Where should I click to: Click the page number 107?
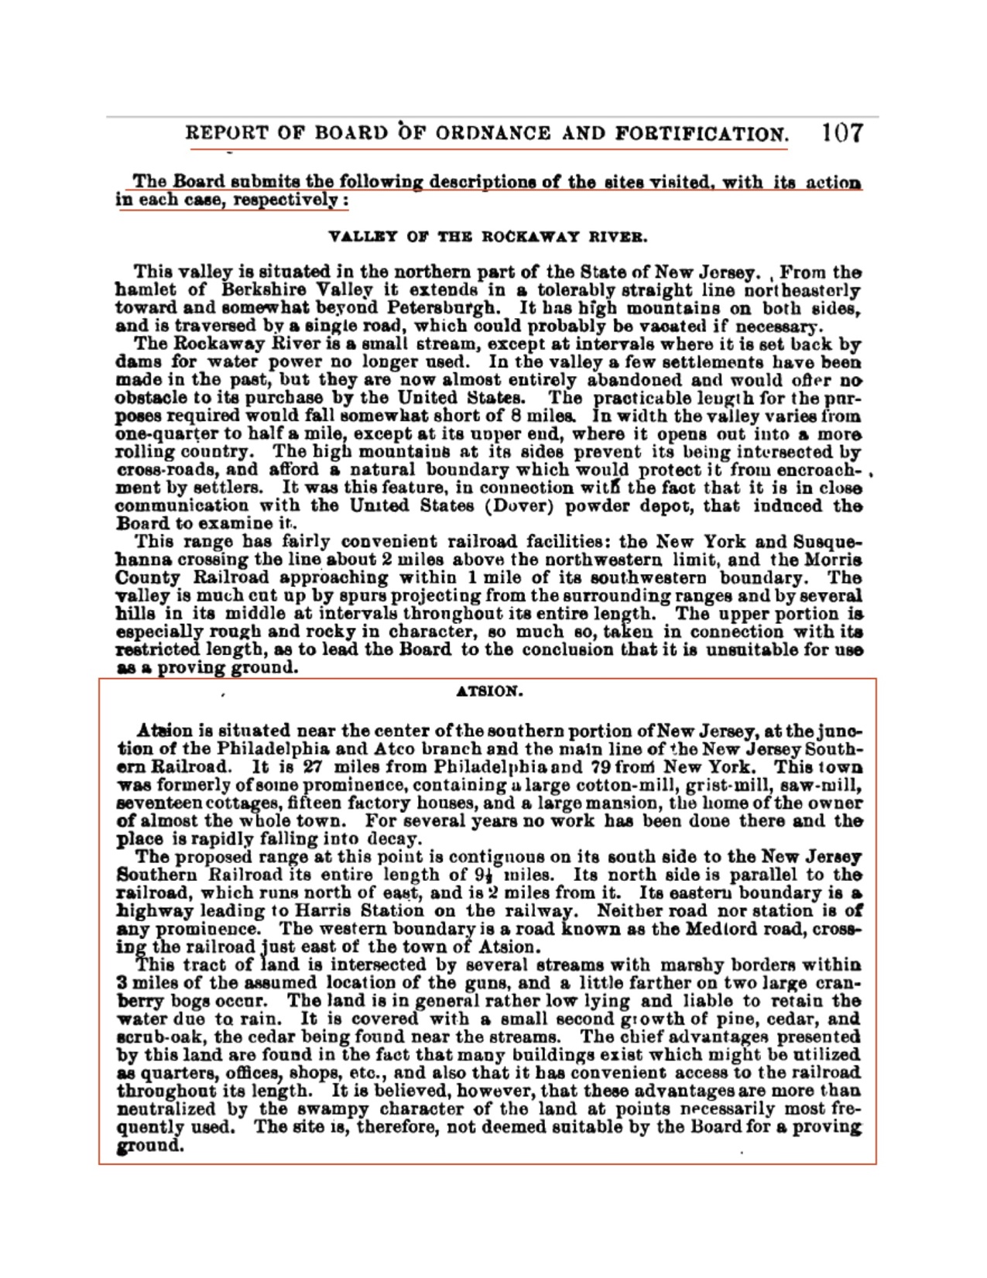pyautogui.click(x=841, y=132)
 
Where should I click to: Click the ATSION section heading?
pyautogui.click(x=489, y=691)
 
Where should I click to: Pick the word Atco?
pyautogui.click(x=394, y=749)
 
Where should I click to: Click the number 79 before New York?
pyautogui.click(x=601, y=767)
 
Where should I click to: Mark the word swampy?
pyautogui.click(x=310, y=1108)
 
